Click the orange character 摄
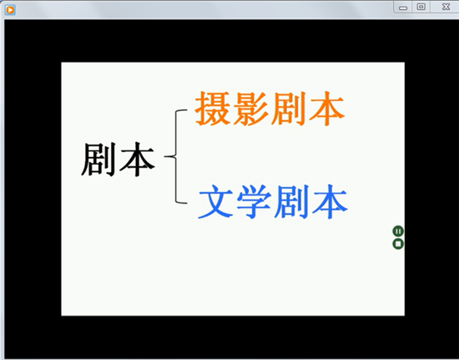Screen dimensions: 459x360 213,109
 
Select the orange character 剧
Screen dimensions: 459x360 288,109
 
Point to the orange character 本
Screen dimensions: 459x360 326,109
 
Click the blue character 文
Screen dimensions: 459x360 216,201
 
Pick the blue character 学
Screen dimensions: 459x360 254,201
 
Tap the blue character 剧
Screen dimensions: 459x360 291,201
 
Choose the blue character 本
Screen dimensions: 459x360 330,201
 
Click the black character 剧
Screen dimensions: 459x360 98,160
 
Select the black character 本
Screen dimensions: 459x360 137,160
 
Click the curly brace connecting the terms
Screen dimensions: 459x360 175,156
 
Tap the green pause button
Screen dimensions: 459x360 398,231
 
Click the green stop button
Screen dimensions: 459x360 398,244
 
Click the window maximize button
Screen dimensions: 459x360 421,7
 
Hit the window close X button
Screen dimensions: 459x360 446,7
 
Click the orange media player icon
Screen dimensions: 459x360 10,10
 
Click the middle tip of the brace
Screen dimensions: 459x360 164,156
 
